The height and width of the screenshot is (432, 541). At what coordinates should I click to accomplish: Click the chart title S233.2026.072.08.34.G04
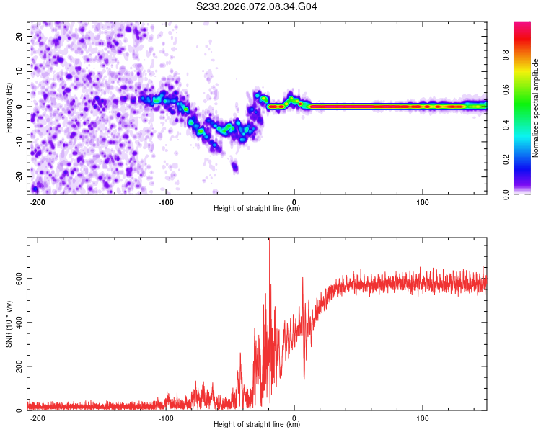click(x=257, y=6)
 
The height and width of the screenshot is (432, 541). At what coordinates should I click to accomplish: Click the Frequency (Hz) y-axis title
click(x=9, y=107)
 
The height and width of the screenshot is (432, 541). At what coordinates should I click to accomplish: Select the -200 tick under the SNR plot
click(x=38, y=418)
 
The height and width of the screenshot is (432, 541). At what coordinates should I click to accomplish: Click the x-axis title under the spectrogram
click(x=257, y=209)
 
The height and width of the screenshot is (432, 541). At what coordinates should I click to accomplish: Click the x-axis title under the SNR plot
click(x=257, y=425)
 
